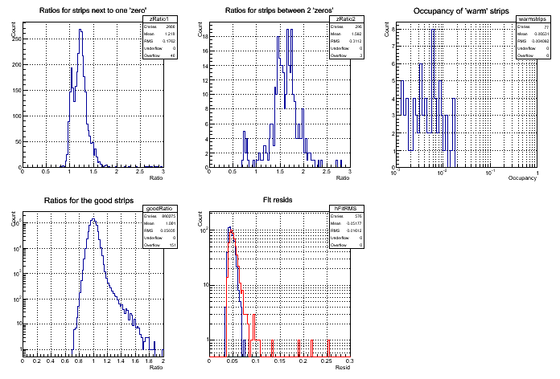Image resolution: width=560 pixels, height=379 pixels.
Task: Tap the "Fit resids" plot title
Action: (x=278, y=200)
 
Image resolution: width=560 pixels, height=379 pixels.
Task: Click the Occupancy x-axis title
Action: (x=523, y=177)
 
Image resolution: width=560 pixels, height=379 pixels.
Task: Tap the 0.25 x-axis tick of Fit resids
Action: (x=327, y=361)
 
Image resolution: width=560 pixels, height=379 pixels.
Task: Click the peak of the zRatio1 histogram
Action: (x=81, y=31)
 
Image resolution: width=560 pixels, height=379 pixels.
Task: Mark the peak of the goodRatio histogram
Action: (x=93, y=219)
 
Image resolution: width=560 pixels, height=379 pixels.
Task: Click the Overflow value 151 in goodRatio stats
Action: (x=171, y=246)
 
